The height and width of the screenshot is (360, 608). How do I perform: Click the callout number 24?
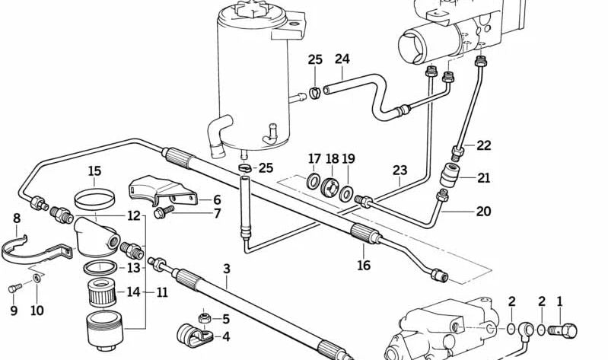[x=342, y=59]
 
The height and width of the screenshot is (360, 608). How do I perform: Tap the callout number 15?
[x=94, y=170]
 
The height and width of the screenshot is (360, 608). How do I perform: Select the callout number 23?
[x=401, y=170]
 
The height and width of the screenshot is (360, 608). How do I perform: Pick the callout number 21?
[x=484, y=178]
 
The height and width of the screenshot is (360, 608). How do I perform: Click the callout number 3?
[x=226, y=268]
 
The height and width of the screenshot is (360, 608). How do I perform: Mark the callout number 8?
[x=17, y=219]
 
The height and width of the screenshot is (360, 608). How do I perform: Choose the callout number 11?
[x=162, y=292]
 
